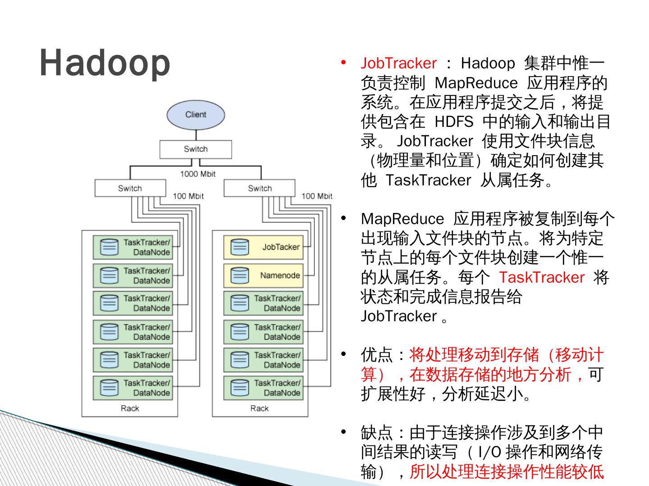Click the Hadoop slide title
tap(105, 63)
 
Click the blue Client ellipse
tap(196, 115)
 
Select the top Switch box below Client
tap(196, 149)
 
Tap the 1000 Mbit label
tap(198, 174)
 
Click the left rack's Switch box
tap(130, 188)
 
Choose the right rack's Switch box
tap(260, 188)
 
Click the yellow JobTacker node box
tap(263, 247)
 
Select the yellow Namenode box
tap(263, 275)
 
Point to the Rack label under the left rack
tap(130, 408)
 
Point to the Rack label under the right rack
tap(260, 408)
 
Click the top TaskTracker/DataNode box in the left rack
tap(133, 247)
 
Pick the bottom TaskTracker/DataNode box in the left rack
tap(133, 387)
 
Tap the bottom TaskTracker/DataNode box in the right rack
tap(263, 387)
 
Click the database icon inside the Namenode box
tap(239, 275)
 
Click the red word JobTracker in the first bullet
tap(398, 63)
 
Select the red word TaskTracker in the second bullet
tap(541, 277)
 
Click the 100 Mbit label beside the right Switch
tap(317, 196)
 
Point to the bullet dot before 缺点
tap(344, 432)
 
